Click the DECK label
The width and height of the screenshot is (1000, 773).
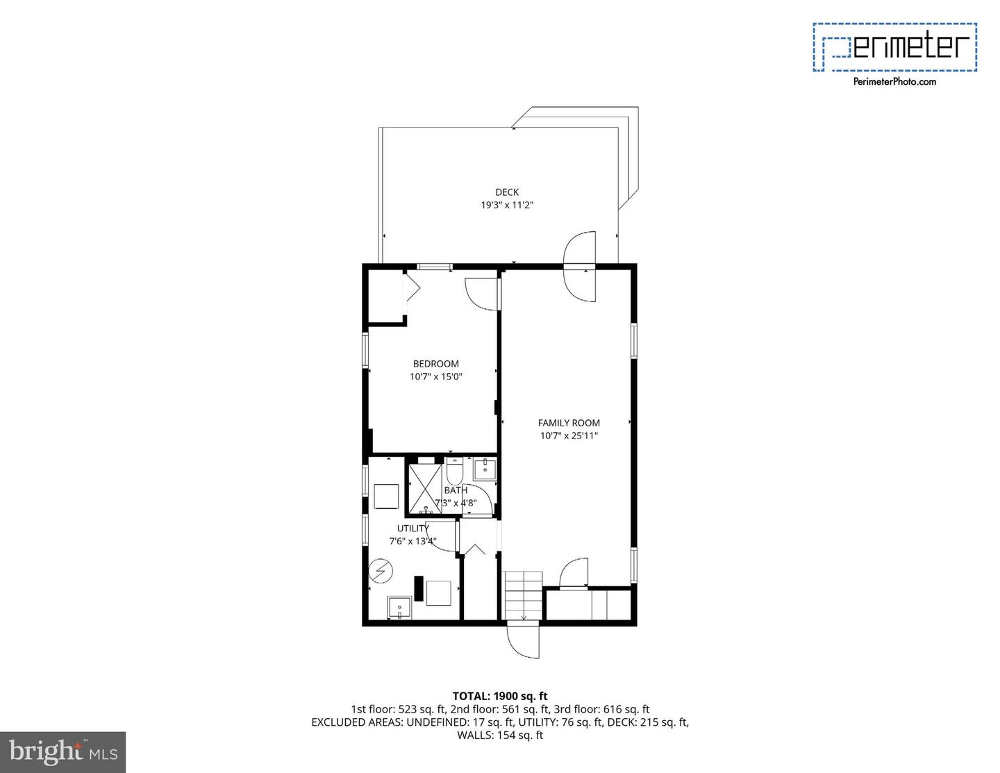coord(506,192)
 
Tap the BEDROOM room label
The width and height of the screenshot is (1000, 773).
coord(435,364)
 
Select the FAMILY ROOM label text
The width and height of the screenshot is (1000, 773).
coord(569,423)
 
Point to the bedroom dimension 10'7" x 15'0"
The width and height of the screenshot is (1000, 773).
coord(435,377)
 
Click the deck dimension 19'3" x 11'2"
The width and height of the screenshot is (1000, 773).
coord(506,206)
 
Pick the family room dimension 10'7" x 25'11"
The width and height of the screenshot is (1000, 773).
coord(569,436)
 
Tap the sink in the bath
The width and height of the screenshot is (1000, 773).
coord(484,469)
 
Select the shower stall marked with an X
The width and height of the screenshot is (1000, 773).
coord(424,489)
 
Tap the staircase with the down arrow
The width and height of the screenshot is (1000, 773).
coord(523,595)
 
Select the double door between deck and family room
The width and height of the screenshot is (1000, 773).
coord(580,267)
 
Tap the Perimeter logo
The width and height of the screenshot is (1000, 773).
coord(895,47)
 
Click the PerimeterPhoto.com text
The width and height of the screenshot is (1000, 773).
coord(894,82)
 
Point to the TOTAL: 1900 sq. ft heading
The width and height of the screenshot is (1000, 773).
coord(500,696)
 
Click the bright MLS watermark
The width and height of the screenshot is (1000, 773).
coord(63,752)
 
